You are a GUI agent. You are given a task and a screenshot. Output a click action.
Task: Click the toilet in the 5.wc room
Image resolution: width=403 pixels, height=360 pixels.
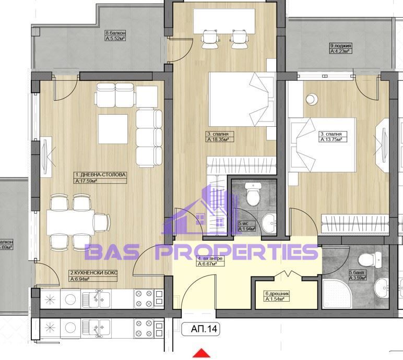pos(252,195)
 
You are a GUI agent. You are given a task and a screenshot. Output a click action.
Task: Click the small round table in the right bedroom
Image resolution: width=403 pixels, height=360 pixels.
pos(312,98)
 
